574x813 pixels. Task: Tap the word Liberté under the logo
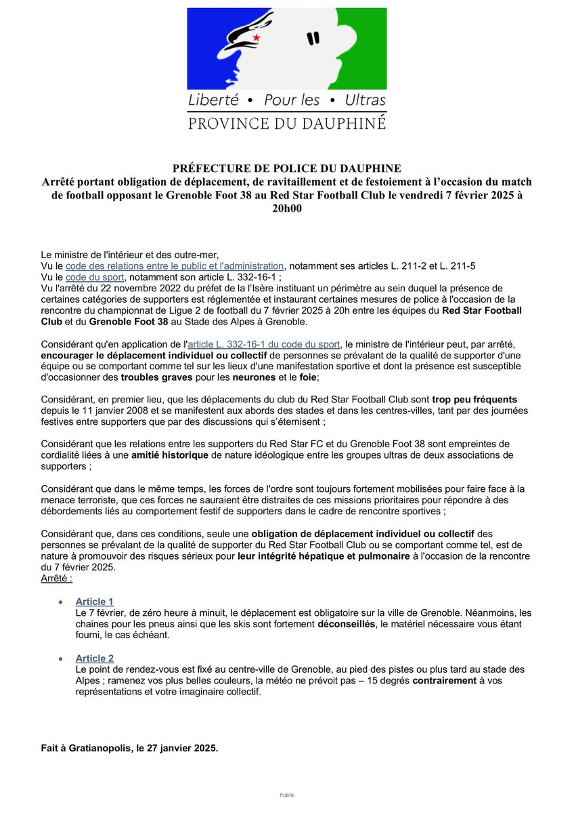point(214,100)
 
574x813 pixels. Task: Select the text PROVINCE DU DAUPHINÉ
point(286,123)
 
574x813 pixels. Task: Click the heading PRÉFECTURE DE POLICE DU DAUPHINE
point(287,168)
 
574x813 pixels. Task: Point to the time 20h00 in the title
point(287,209)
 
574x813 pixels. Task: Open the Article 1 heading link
point(95,602)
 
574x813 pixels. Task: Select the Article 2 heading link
point(95,658)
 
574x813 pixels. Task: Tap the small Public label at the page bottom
point(287,795)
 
